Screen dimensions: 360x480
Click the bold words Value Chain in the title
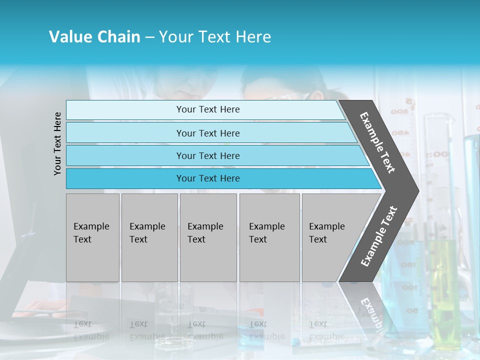[x=94, y=37]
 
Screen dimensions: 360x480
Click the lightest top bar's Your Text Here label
[x=208, y=109]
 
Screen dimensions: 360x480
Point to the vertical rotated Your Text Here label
[x=57, y=143]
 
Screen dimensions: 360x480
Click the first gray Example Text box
[x=92, y=237]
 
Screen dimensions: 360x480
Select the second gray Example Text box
[x=149, y=237]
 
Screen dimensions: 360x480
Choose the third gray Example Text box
[x=208, y=237]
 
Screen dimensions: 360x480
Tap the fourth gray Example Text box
[x=269, y=237]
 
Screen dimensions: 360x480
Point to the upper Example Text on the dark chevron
[x=378, y=142]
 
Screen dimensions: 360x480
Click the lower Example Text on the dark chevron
[x=378, y=236]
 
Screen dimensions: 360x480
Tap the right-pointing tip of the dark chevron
[x=416, y=190]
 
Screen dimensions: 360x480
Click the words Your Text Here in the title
[x=215, y=37]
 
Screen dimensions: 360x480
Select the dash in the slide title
[x=149, y=37]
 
